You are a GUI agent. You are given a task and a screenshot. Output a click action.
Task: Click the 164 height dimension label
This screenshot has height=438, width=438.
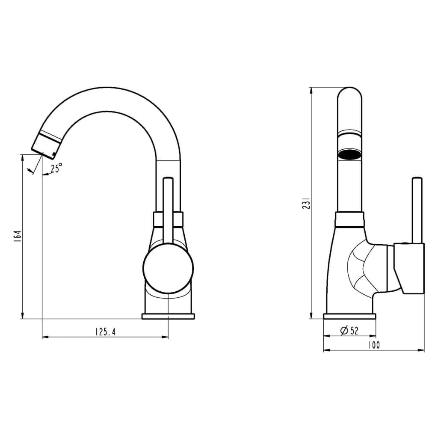17,236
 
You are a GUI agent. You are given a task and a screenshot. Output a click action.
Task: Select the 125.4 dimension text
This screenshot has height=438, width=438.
105,332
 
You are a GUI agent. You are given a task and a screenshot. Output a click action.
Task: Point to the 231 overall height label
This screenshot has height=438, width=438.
306,204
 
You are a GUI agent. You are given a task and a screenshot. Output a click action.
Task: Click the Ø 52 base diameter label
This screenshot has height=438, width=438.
349,331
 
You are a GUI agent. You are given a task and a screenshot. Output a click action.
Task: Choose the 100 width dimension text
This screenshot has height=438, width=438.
374,345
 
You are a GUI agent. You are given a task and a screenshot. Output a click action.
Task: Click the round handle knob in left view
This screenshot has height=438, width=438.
168,268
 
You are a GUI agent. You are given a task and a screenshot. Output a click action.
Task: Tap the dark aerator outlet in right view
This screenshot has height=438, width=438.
350,154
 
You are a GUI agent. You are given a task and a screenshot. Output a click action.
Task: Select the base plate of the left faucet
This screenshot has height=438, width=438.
168,316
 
